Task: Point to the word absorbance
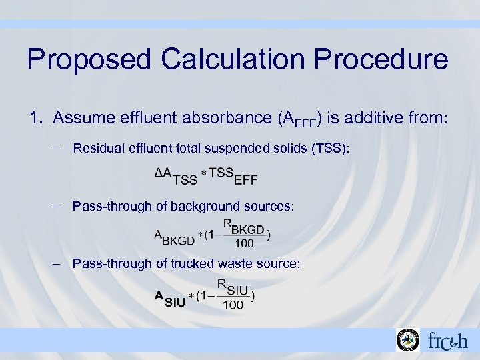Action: point(217,119)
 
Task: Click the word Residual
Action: point(97,148)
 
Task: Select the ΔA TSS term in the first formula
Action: point(175,175)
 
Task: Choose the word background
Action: point(207,206)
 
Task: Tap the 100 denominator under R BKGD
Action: point(244,243)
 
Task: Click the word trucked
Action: point(194,264)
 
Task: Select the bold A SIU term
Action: point(171,298)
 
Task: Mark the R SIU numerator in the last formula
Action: point(233,287)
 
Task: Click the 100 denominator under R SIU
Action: point(233,305)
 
